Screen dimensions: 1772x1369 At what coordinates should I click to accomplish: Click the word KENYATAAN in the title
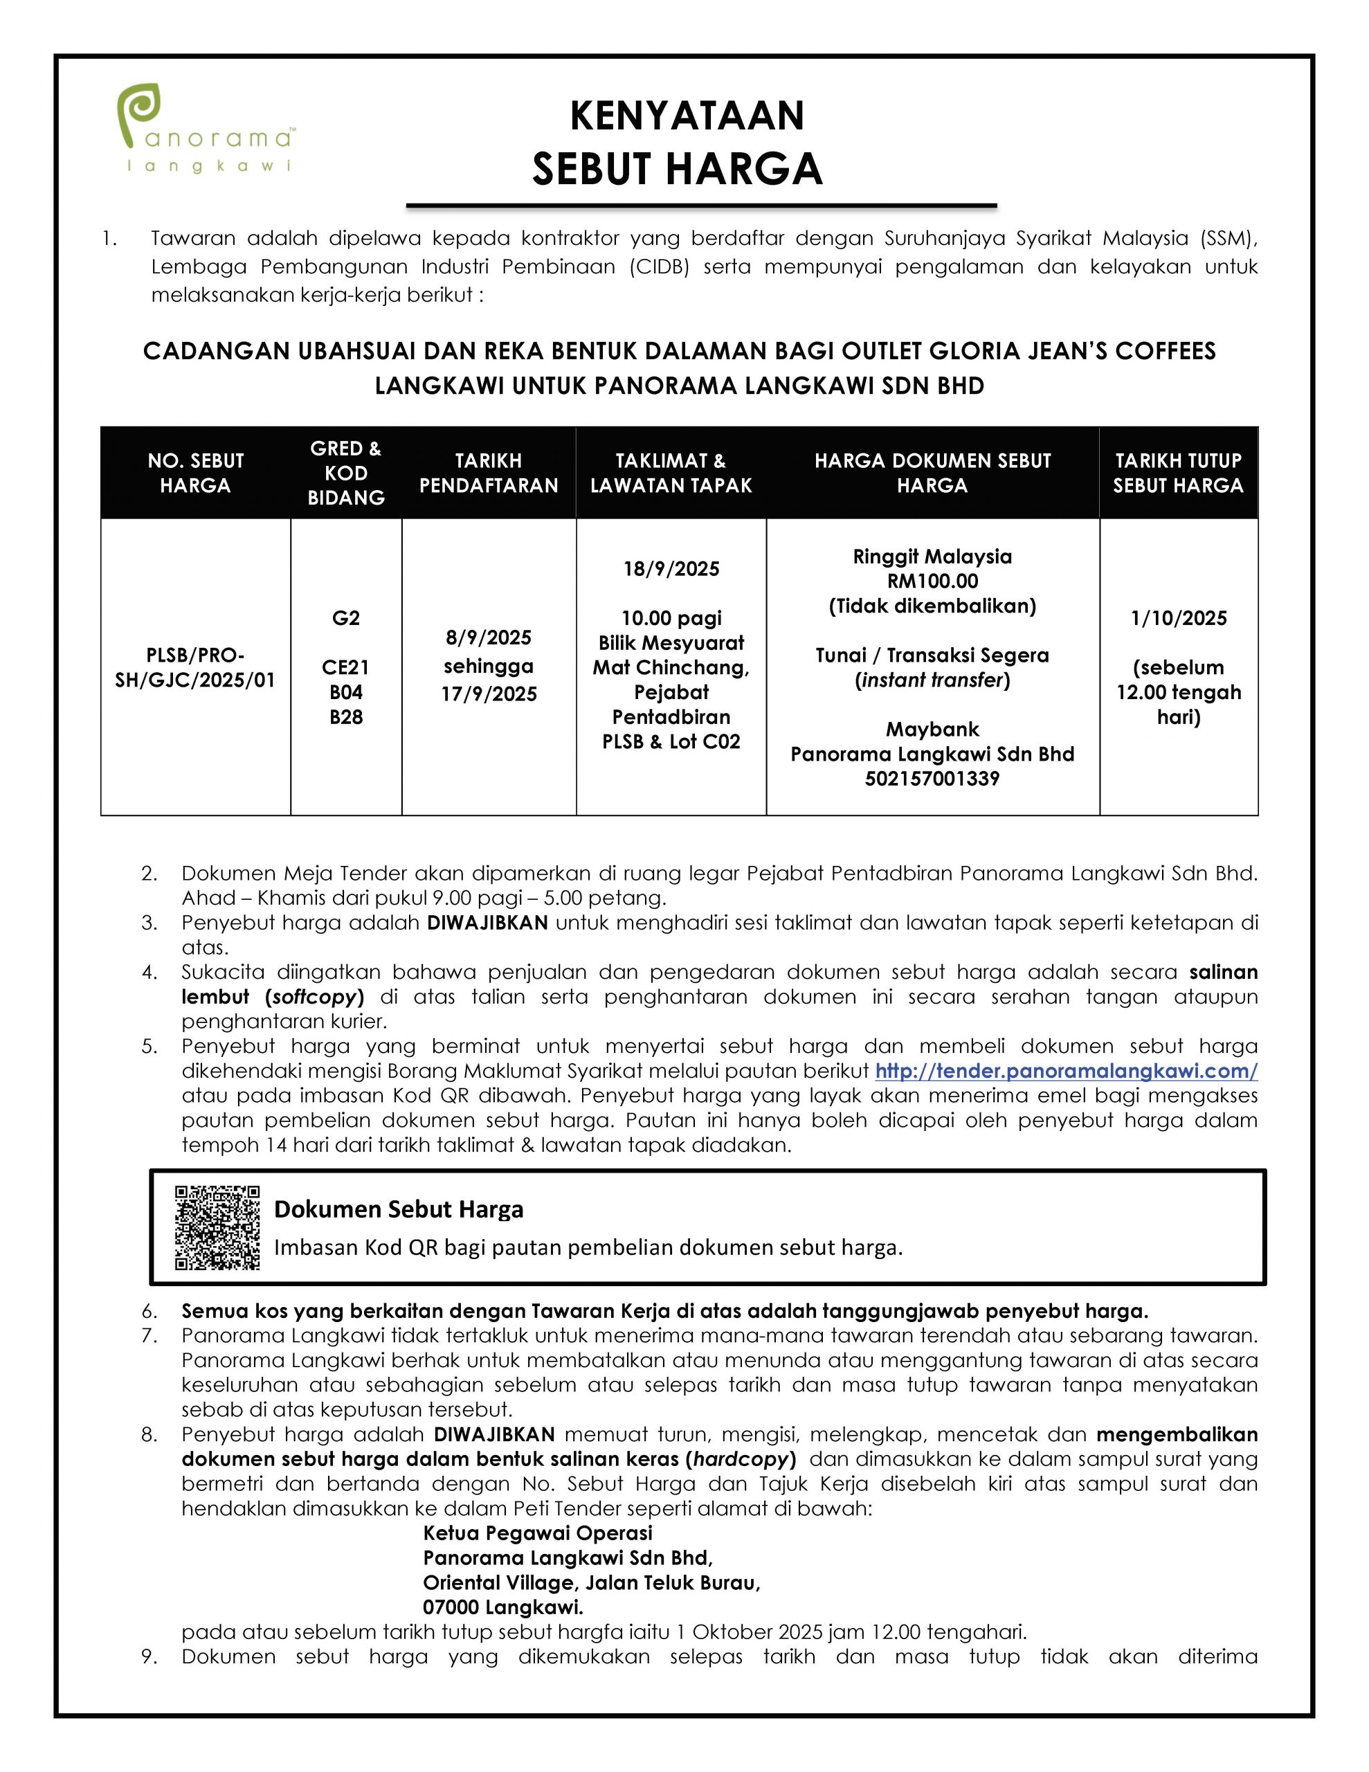click(x=687, y=116)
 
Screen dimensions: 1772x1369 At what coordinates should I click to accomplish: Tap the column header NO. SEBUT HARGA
click(x=196, y=473)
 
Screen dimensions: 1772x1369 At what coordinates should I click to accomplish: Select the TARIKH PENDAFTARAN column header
click(x=489, y=473)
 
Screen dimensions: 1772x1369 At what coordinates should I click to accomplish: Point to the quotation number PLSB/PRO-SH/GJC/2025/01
click(x=196, y=667)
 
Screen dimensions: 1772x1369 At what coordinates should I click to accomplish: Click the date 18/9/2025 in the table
click(x=671, y=569)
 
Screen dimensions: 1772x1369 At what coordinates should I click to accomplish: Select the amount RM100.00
click(x=932, y=581)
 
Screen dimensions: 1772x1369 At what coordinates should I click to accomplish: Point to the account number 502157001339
click(x=932, y=779)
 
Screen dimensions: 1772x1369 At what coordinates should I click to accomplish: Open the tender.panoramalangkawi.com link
click(x=1065, y=1071)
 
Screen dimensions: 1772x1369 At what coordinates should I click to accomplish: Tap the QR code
click(x=217, y=1227)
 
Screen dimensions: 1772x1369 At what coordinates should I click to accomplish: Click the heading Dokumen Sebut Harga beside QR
click(x=399, y=1210)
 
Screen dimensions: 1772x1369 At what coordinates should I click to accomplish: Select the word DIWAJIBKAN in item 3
click(x=488, y=923)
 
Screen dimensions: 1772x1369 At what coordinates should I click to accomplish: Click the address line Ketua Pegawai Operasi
click(x=538, y=1533)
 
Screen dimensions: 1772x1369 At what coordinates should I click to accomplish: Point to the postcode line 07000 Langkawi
click(x=502, y=1607)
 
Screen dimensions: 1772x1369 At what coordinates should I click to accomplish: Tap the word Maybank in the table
click(x=932, y=730)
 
